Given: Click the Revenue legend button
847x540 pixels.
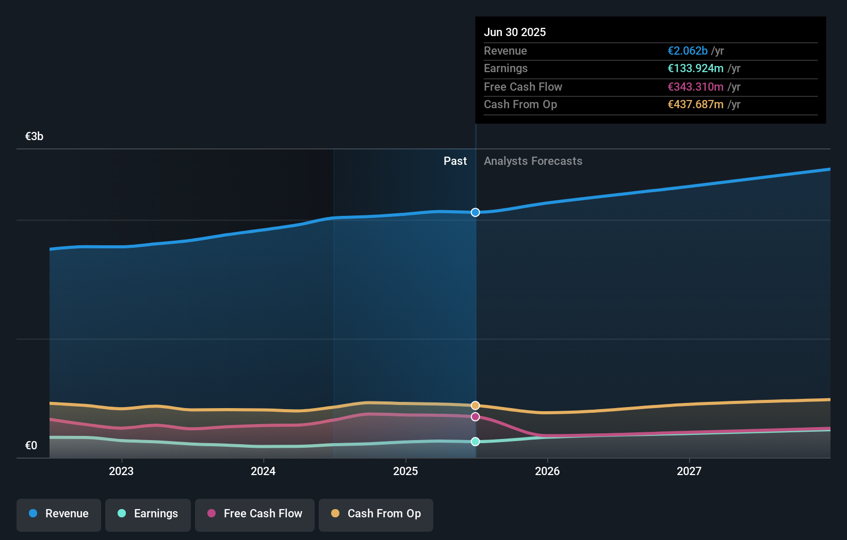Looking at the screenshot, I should (59, 514).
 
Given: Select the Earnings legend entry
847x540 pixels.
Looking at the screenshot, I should (148, 514).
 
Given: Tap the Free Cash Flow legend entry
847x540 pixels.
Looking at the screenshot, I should (255, 514).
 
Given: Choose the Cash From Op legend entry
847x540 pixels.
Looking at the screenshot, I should (376, 514).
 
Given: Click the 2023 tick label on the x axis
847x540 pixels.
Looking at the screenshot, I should (121, 471).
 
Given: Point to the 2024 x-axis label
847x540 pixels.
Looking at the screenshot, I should (263, 471).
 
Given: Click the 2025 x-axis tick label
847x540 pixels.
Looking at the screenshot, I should (405, 471).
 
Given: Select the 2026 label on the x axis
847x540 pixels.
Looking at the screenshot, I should (547, 471).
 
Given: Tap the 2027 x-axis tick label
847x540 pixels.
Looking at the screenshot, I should (689, 471).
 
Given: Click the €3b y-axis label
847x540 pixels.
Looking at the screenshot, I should (34, 137).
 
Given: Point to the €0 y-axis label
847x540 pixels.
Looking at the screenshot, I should (31, 446).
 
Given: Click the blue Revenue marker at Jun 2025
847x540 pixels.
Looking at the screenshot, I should (476, 212).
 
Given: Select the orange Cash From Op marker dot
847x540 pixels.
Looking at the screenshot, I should (476, 406).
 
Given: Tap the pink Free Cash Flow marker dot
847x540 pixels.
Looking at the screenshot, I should (476, 417).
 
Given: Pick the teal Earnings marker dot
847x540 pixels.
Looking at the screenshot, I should (476, 442).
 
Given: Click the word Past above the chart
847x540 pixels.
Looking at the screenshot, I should (455, 161).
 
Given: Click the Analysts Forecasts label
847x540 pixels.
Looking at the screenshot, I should (533, 161).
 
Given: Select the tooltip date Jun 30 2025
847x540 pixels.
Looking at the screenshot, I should (515, 32).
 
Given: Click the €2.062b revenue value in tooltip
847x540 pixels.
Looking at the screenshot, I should (687, 51).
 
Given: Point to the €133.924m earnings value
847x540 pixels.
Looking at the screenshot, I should (695, 69).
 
